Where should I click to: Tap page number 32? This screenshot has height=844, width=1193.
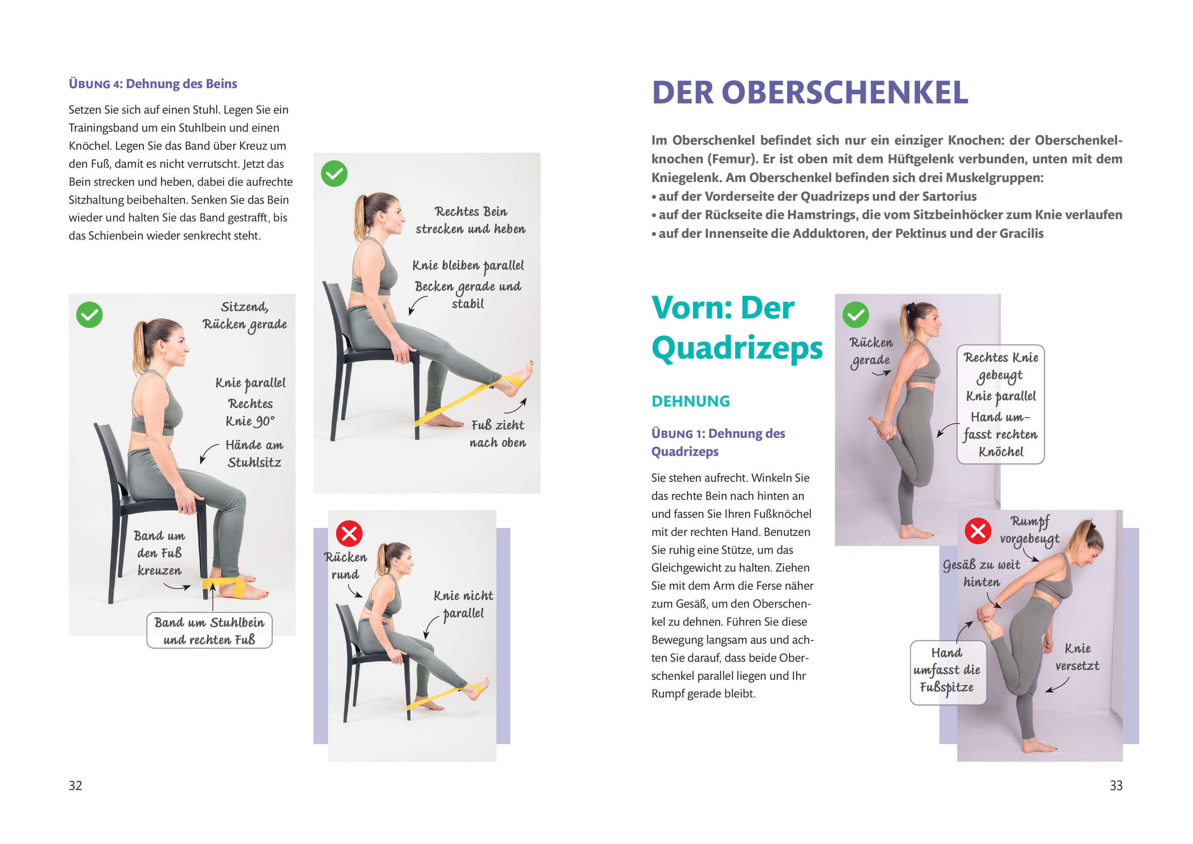pos(75,785)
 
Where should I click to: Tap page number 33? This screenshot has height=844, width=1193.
pos(1116,785)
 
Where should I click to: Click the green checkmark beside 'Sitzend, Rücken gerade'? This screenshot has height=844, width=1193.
pos(89,315)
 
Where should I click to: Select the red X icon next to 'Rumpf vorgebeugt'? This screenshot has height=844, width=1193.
pos(978,531)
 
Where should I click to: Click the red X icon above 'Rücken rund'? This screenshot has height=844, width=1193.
pos(349,533)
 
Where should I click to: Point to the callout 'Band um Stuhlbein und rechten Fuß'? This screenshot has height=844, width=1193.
pos(210,630)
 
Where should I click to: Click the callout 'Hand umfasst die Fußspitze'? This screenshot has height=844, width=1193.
pos(948,672)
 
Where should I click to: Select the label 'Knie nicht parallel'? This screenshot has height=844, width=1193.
pos(464,604)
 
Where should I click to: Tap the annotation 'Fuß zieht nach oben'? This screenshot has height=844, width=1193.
pos(498,434)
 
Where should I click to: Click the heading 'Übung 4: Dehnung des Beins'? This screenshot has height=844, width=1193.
pos(153,84)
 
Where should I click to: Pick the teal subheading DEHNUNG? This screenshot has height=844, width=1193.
pos(691,401)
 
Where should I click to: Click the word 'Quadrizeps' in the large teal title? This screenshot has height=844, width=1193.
pos(737,347)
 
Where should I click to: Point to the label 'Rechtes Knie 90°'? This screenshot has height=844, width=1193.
pos(251,412)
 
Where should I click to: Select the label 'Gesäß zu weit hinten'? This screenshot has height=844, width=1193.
pos(981,573)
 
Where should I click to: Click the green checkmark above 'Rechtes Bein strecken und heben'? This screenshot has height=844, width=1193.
pos(334,174)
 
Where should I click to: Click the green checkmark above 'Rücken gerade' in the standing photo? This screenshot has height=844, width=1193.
pos(855,315)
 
